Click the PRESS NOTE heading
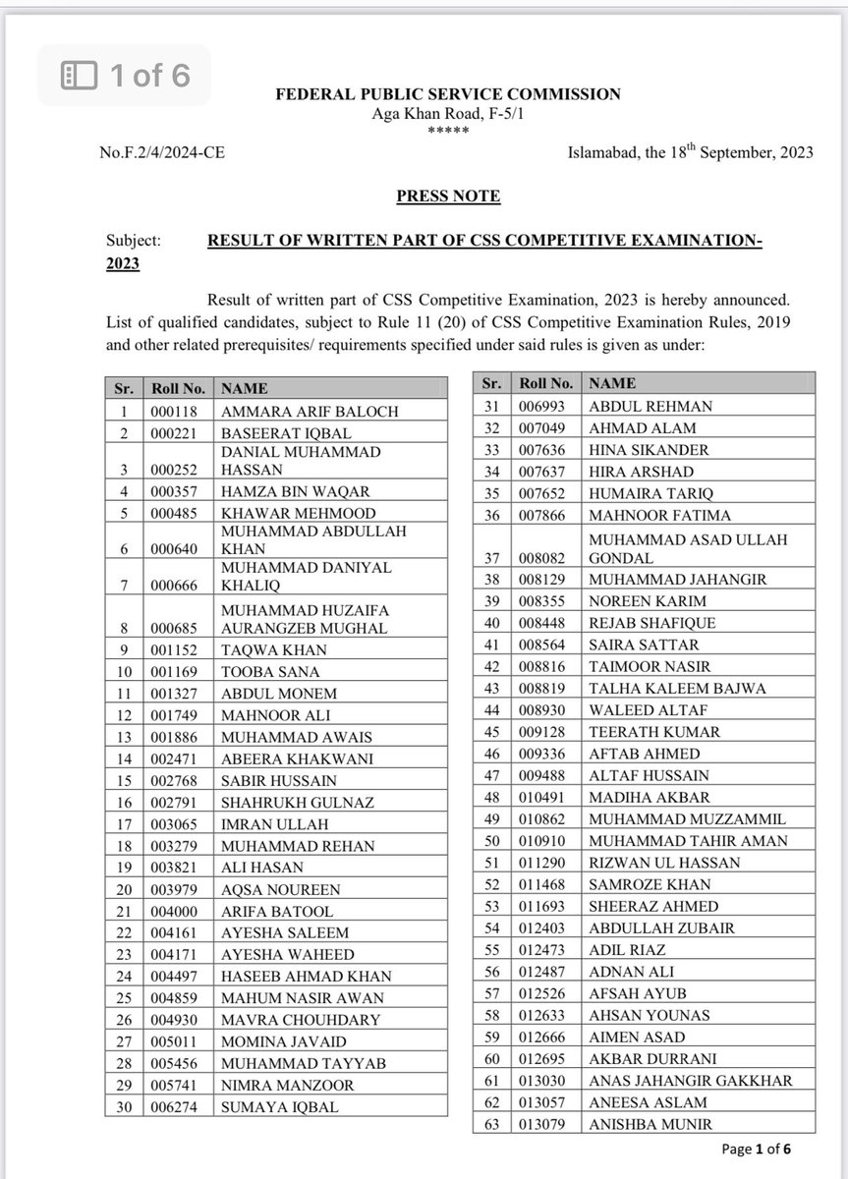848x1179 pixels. (448, 196)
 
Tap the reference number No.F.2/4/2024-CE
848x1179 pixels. (154, 153)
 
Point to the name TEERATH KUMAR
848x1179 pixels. (654, 732)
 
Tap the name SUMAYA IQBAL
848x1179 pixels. (280, 1106)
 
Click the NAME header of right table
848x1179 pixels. (612, 383)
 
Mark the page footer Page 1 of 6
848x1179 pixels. (756, 1149)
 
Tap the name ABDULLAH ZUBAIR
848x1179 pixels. (661, 927)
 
